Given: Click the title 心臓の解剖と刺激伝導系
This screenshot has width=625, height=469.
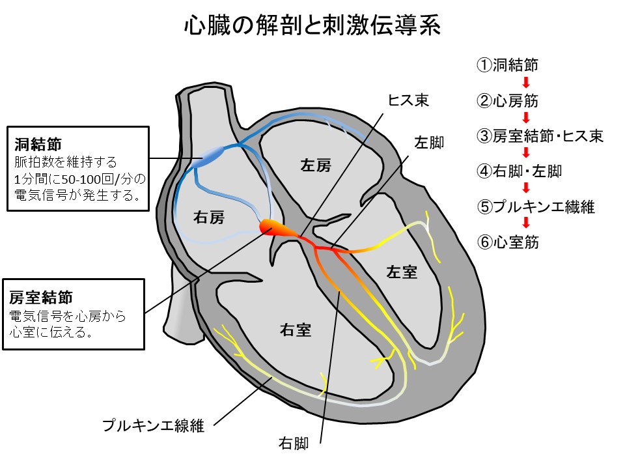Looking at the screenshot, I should tap(312, 26).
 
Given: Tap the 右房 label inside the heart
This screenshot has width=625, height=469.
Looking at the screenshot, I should tap(209, 218).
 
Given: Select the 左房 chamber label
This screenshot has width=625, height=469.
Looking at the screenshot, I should tap(315, 165).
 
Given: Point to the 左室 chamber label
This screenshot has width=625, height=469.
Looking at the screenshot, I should tap(401, 272).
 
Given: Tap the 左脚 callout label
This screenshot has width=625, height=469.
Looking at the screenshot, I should tap(429, 142).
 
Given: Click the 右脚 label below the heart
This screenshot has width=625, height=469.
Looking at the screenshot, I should tap(293, 444).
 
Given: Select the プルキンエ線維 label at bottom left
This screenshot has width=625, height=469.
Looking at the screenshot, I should tap(153, 426).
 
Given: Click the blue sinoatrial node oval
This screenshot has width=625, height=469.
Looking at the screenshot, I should tap(212, 155).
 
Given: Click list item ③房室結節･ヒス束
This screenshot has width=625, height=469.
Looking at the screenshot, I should tap(540, 136).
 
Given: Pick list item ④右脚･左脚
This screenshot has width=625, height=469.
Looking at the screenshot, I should tap(519, 172).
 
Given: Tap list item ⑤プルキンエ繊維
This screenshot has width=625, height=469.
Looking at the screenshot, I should tap(535, 207).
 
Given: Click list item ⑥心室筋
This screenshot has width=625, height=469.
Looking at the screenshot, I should tap(507, 242).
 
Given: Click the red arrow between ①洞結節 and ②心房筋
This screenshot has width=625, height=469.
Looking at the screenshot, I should tap(525, 83).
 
